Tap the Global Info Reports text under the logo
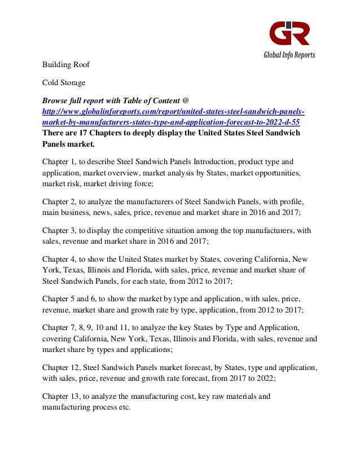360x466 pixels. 289,55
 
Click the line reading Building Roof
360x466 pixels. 66,65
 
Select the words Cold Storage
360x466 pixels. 64,82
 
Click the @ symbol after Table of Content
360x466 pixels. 178,100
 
